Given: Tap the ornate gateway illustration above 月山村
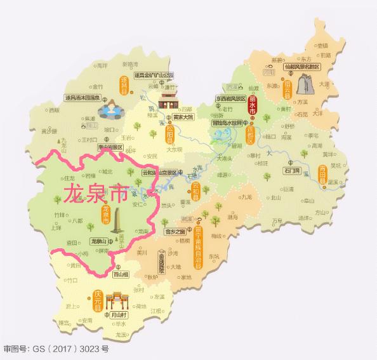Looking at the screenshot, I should coord(116,300).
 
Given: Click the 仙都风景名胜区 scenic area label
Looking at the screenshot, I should coord(303,66).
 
